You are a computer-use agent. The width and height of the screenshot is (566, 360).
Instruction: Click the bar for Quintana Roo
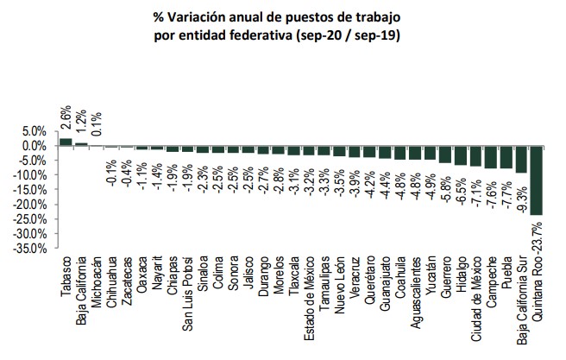(x=537, y=180)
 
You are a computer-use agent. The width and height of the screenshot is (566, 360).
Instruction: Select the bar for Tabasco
(x=66, y=142)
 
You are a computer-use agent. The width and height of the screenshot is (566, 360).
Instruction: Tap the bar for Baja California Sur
(x=521, y=159)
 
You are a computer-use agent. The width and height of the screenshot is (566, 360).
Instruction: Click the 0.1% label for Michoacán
(x=97, y=113)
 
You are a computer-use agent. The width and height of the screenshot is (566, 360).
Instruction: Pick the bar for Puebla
(x=506, y=156)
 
